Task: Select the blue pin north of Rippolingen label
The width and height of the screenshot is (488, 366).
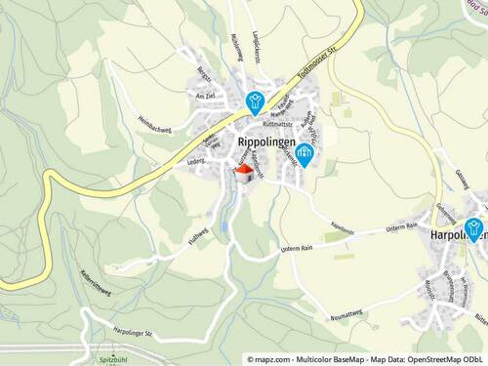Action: click(x=255, y=101)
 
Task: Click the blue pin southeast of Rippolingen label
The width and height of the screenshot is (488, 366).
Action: click(x=305, y=153)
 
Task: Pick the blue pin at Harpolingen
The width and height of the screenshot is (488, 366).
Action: click(x=474, y=228)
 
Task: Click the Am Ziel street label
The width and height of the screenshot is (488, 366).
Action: click(x=205, y=96)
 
